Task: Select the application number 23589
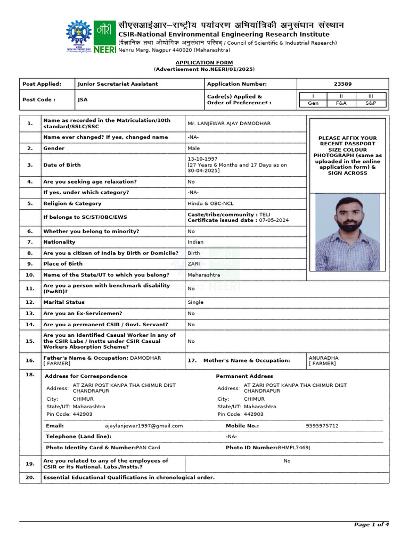[342, 84]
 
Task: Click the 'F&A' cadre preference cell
[341, 103]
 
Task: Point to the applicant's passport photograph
[348, 232]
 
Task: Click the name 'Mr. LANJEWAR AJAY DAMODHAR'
[229, 123]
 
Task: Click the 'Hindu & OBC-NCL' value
[210, 203]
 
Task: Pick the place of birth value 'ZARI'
[194, 264]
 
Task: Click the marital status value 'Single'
[195, 302]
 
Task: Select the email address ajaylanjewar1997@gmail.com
[144, 426]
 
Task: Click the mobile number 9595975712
[322, 426]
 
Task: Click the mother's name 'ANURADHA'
[323, 358]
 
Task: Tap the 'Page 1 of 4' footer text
[371, 525]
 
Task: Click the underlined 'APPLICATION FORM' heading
[204, 63]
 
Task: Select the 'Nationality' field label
[59, 242]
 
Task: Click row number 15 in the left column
[30, 341]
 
